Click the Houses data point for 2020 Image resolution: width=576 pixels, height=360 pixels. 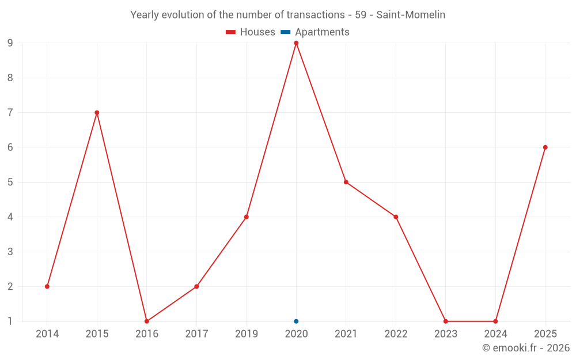(296, 43)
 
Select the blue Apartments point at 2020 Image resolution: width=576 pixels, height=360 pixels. (296, 321)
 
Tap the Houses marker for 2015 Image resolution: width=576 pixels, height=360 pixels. (97, 113)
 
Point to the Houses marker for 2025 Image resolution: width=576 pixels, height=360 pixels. (545, 147)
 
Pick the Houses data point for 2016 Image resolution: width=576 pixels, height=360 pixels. (147, 321)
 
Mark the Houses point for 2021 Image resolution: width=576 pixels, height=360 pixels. (346, 182)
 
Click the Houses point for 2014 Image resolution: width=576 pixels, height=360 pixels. (47, 286)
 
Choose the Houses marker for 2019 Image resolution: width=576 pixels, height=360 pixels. (247, 217)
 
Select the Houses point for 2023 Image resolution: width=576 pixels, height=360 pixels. (446, 321)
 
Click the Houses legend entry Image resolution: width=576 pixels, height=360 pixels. (251, 32)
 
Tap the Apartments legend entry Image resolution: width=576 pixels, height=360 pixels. (315, 32)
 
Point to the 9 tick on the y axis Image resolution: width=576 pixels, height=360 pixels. (10, 43)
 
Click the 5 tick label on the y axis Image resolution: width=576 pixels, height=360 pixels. (10, 182)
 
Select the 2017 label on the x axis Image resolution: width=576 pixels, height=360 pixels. (196, 334)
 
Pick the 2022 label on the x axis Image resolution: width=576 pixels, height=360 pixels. (396, 334)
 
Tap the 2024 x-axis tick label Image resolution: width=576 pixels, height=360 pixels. (495, 334)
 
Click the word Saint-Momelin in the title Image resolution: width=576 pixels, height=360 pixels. (411, 15)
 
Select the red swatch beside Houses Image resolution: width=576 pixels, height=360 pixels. (231, 32)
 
